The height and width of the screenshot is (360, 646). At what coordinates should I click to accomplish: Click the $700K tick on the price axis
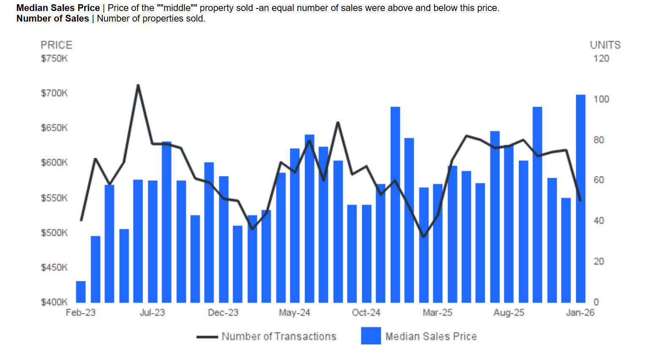coord(54,93)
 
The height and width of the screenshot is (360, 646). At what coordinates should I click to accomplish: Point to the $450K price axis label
coord(54,267)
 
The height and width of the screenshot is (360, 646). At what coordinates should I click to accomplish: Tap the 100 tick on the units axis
coord(601,99)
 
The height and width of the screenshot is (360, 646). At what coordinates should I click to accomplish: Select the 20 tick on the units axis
coord(599,261)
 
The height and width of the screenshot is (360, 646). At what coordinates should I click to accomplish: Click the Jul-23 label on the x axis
coord(152,313)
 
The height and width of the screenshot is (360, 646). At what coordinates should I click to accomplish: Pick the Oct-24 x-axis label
coord(366,313)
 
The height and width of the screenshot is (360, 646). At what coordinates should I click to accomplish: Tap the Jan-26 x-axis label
coord(580,313)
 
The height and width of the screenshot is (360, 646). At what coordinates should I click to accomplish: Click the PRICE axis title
coord(56,45)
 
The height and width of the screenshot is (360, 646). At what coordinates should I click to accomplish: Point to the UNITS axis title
coord(605,45)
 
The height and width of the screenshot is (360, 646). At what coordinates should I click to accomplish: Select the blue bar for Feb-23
coord(81,292)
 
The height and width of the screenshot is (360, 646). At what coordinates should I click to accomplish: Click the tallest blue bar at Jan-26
coord(580,199)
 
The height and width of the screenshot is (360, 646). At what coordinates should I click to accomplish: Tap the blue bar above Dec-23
coord(223,239)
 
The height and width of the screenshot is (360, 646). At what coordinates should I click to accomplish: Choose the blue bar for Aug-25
coord(509,224)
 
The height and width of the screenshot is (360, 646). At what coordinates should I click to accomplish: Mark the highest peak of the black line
coord(138,85)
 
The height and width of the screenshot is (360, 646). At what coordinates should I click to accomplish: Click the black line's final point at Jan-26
coord(580,200)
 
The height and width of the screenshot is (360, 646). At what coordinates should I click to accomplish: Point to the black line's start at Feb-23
coord(81,220)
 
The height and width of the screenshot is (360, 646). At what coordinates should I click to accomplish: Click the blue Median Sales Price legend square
coord(371,336)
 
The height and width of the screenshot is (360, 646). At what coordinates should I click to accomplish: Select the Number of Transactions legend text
coord(279,336)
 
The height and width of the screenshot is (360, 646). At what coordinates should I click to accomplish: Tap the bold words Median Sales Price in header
coord(58,8)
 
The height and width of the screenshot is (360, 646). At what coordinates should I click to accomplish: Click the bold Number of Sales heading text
coord(53,19)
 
